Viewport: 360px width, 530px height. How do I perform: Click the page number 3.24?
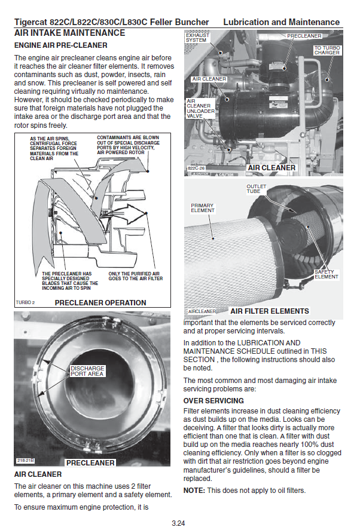(x=178, y=523)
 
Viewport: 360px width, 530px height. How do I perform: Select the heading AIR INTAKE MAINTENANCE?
(x=70, y=33)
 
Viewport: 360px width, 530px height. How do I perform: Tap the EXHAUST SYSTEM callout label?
(x=197, y=38)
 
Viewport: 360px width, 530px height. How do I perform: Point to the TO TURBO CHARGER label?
(x=327, y=50)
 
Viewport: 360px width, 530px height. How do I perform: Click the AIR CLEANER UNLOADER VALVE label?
(x=200, y=109)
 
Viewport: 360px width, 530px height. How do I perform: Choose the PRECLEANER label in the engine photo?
(x=304, y=36)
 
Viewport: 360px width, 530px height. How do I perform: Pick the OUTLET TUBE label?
(x=256, y=189)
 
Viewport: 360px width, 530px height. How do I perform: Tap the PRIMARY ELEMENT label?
(x=202, y=208)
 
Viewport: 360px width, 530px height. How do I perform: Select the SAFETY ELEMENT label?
(x=326, y=274)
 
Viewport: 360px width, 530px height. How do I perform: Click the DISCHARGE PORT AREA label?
(x=87, y=371)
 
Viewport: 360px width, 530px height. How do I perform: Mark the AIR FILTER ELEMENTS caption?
(x=270, y=311)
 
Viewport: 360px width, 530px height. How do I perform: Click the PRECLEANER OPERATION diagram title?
(x=100, y=302)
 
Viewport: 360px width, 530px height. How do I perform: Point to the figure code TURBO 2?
(x=25, y=302)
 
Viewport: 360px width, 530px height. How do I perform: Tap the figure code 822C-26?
(x=196, y=168)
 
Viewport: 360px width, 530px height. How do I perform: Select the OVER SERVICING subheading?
(x=213, y=401)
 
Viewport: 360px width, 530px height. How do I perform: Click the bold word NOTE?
(x=194, y=491)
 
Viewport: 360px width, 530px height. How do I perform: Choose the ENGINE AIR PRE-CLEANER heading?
(x=61, y=45)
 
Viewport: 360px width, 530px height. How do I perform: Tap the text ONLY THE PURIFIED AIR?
(x=134, y=274)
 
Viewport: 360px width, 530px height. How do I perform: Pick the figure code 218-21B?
(x=25, y=461)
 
